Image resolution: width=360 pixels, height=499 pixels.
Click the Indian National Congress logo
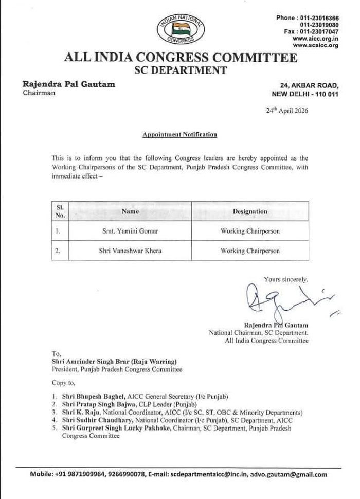point(181,29)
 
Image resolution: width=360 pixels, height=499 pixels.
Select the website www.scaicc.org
point(315,45)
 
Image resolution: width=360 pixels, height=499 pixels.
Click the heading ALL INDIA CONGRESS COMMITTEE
point(181,58)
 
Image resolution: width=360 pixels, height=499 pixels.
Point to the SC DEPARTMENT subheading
point(181,70)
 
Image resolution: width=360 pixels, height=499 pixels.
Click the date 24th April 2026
point(287,110)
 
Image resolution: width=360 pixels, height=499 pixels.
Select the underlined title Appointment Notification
point(179,135)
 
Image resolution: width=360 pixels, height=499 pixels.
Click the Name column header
point(130,211)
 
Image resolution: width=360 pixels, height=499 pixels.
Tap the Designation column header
point(250,211)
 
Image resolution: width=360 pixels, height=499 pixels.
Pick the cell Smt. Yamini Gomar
point(130,231)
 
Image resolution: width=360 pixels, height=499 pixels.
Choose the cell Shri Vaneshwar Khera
point(130,251)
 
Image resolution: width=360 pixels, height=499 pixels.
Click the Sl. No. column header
point(60,211)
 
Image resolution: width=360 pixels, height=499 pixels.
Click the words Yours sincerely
point(286,279)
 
